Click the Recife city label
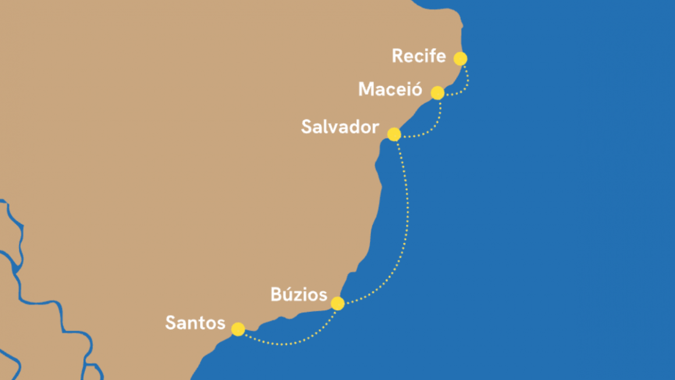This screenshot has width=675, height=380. pyautogui.click(x=418, y=56)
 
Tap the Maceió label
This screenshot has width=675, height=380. pyautogui.click(x=390, y=90)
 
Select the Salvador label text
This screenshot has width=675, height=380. pyautogui.click(x=340, y=127)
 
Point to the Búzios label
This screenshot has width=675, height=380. pyautogui.click(x=299, y=295)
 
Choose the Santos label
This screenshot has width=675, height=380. pyautogui.click(x=195, y=322)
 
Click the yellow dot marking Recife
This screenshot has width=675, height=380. pyautogui.click(x=460, y=59)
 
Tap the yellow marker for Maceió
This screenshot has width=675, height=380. pyautogui.click(x=438, y=93)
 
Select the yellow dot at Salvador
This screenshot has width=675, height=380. pyautogui.click(x=394, y=134)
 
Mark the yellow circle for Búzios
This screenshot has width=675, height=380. pyautogui.click(x=337, y=303)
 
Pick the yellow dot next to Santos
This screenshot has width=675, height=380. pyautogui.click(x=238, y=329)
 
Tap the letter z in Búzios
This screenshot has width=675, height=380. pyautogui.click(x=299, y=296)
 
